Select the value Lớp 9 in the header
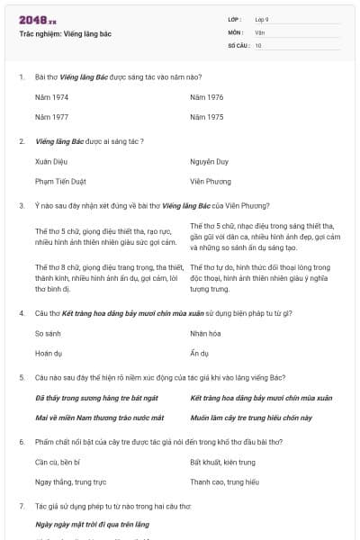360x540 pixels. pos(260,19)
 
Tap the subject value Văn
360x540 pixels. pos(259,31)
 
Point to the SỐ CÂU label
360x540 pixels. pos(238,45)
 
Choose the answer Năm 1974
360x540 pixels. pos(51,95)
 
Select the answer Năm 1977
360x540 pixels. pos(51,117)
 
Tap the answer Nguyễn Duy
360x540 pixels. pos(210,161)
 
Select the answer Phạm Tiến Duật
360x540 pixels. pos(59,181)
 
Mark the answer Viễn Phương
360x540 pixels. pos(211,181)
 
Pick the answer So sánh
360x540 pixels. pos(48,333)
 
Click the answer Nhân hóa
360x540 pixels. pos(207,333)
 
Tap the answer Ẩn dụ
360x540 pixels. pos(200,353)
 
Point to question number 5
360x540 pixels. pos(22,377)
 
